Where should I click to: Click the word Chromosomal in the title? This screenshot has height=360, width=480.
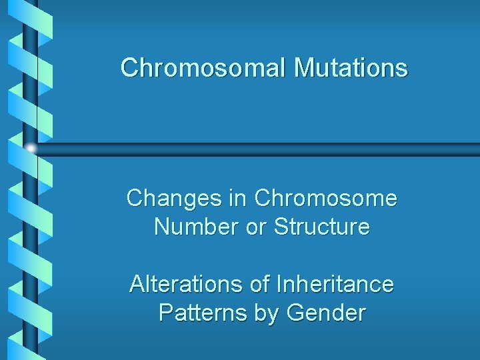203,67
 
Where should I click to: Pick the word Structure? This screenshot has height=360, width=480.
322,227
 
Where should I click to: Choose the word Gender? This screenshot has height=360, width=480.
327,313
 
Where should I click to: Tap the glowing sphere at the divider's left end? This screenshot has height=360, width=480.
31,148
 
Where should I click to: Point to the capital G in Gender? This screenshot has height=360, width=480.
297,313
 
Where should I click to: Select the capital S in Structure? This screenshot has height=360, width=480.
281,227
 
